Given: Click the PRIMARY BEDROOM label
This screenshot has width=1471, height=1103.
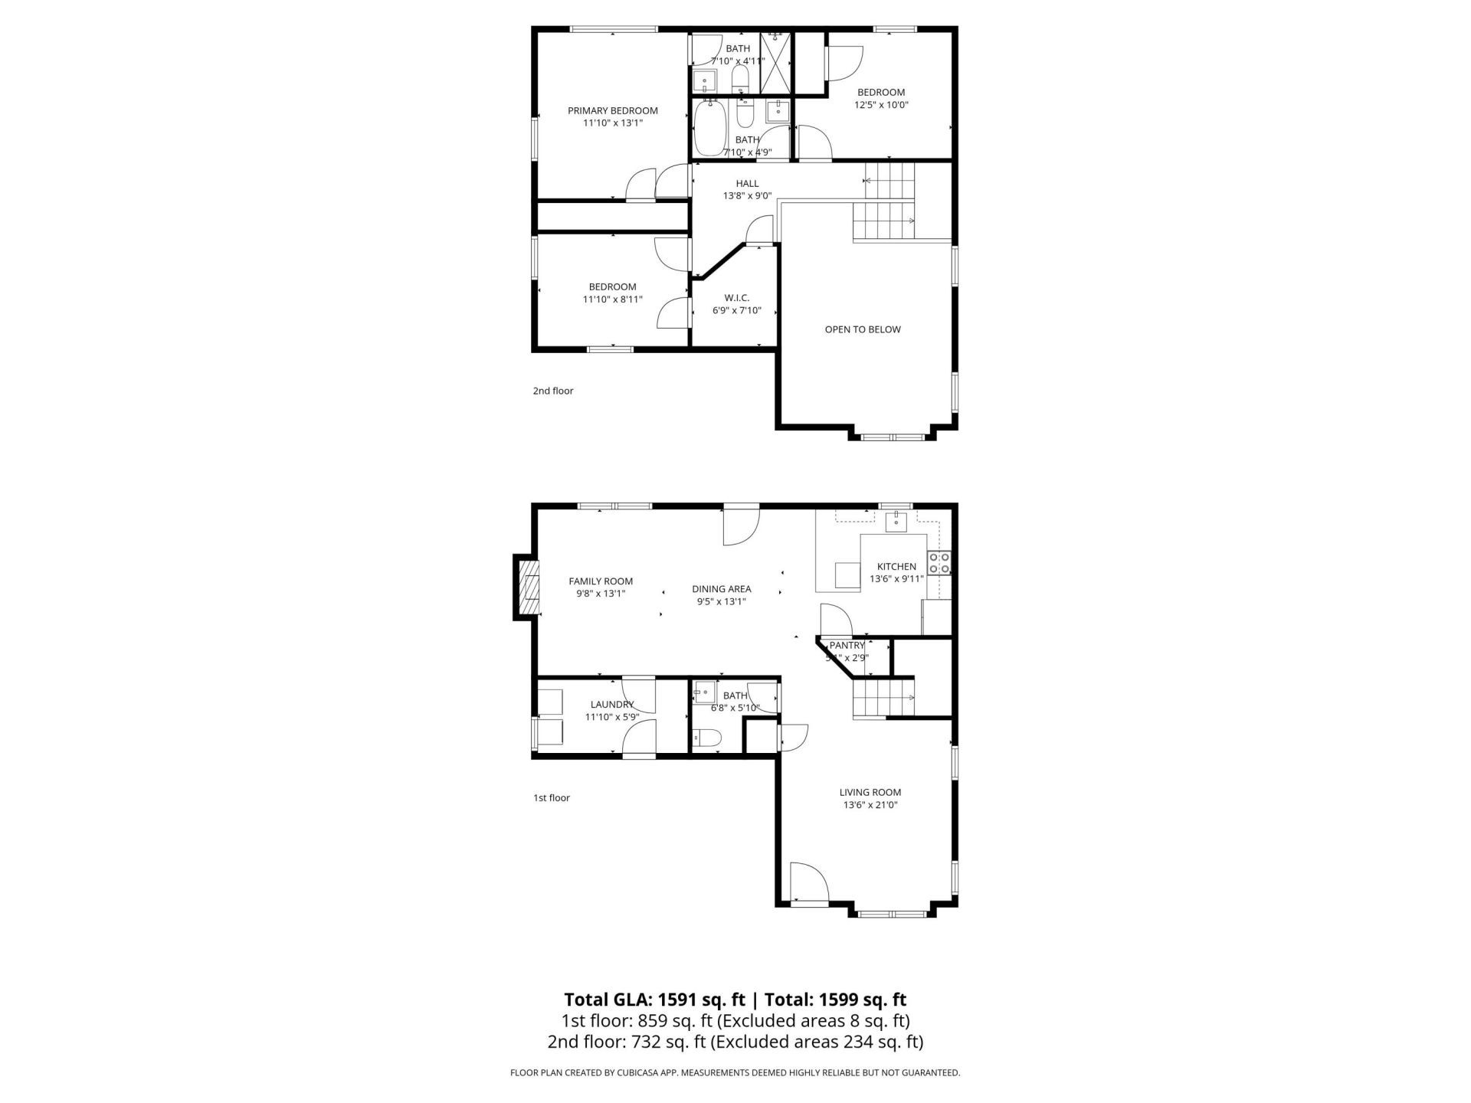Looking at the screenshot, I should (612, 110).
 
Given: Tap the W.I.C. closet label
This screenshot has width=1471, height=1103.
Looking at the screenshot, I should (736, 297).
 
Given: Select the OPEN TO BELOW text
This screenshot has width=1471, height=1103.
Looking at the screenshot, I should (862, 329).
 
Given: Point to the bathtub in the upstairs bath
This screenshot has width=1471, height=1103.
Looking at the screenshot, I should (709, 129).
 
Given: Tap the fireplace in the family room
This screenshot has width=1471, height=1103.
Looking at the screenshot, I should (527, 588).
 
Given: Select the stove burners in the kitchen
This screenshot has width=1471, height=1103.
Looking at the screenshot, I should (939, 563).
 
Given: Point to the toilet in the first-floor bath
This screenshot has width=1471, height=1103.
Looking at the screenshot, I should (706, 738).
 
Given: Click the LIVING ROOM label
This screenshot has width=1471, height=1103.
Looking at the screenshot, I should (870, 792).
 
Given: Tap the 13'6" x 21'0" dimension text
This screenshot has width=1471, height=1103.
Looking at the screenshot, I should (870, 805).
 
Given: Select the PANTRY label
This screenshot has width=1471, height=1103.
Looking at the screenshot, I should (847, 645).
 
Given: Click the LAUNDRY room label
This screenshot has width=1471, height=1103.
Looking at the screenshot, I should (612, 704).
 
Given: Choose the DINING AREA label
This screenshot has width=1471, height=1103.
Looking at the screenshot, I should (721, 589).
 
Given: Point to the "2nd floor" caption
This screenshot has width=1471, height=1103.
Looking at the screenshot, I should (552, 391).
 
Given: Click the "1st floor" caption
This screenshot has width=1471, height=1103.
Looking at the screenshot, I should (551, 797).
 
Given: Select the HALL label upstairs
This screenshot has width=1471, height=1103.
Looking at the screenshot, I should (747, 183).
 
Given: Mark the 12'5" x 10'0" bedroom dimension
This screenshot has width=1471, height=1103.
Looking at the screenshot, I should (881, 105).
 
